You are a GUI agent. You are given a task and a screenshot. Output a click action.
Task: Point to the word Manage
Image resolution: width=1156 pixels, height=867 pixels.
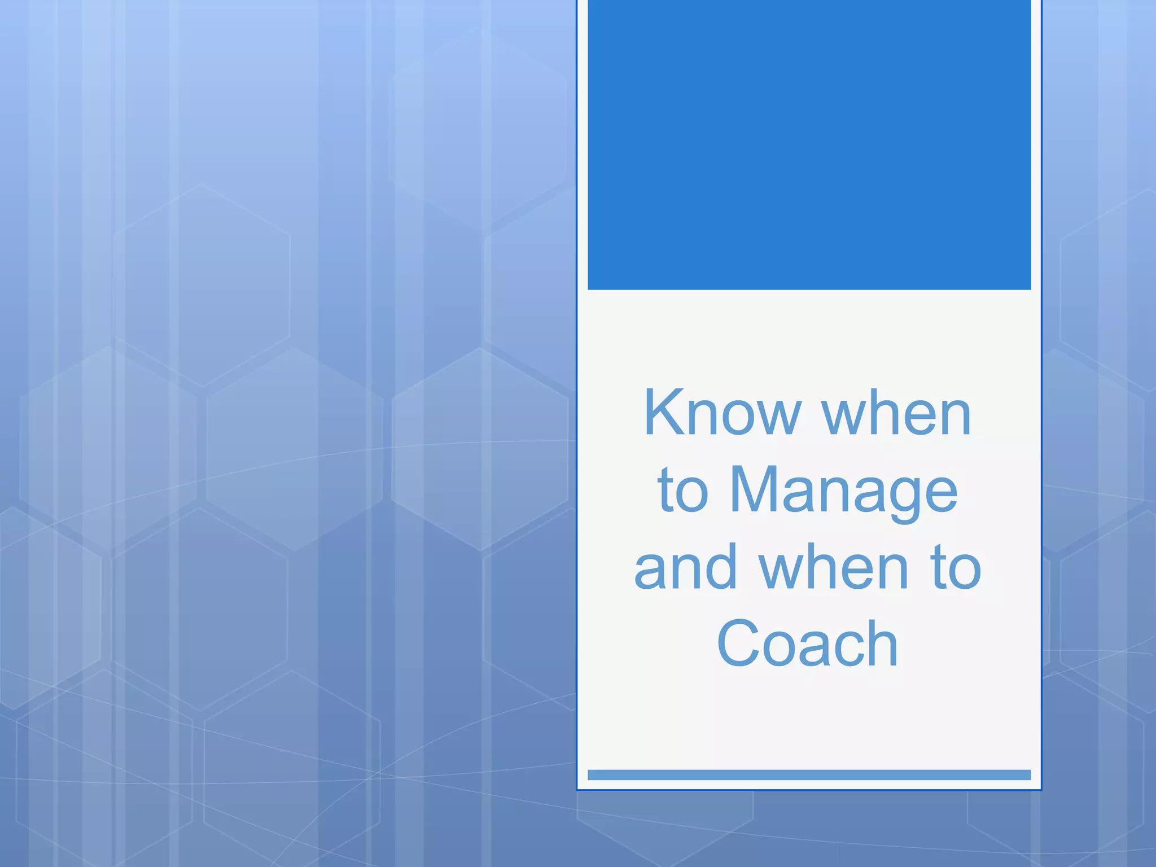pos(844,491)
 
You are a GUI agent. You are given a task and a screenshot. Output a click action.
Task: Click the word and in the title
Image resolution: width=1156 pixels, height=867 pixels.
pos(686,567)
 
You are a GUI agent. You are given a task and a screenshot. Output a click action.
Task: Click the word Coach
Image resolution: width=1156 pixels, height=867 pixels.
pos(808,643)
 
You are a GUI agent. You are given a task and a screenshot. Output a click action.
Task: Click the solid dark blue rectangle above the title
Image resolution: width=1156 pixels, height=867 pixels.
pos(809,144)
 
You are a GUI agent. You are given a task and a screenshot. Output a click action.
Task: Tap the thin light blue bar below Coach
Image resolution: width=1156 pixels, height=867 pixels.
pos(809,774)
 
